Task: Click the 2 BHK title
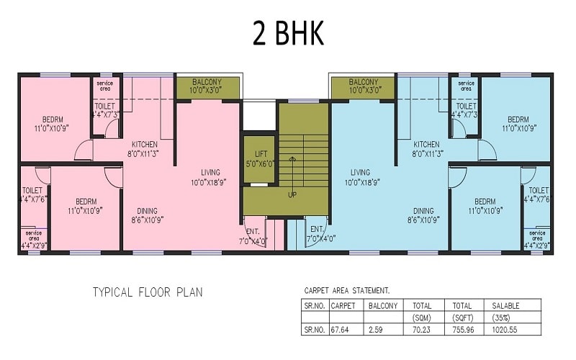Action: click(287, 33)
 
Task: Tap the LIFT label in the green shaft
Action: click(259, 154)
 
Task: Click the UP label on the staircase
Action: click(292, 194)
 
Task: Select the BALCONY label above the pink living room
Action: click(207, 82)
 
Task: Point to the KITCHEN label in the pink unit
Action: click(145, 144)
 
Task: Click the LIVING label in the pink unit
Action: click(210, 173)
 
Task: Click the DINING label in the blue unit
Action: click(423, 211)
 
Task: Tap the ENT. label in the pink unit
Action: click(252, 231)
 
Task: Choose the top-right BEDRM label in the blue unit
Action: click(518, 120)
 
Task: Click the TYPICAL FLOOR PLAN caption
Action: click(148, 292)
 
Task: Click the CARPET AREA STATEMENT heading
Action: click(347, 290)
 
